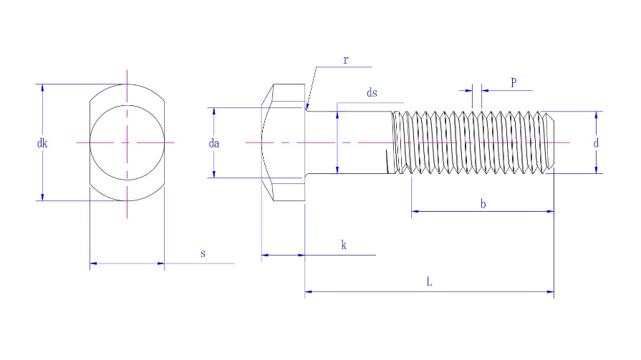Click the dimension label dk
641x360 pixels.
pyautogui.click(x=42, y=143)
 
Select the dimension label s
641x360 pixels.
pyautogui.click(x=203, y=254)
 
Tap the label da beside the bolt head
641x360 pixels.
pyautogui.click(x=213, y=143)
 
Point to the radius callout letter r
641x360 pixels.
pyautogui.click(x=345, y=60)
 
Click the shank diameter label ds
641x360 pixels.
pyautogui.click(x=372, y=93)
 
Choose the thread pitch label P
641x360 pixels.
pyautogui.click(x=514, y=82)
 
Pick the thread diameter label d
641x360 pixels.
pyautogui.click(x=596, y=143)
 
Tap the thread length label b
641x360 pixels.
pyautogui.click(x=483, y=204)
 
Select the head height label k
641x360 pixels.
pyautogui.click(x=344, y=245)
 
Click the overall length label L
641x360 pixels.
pyautogui.click(x=429, y=283)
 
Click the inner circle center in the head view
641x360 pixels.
pyautogui.click(x=127, y=143)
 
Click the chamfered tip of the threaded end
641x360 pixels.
pyautogui.click(x=551, y=142)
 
